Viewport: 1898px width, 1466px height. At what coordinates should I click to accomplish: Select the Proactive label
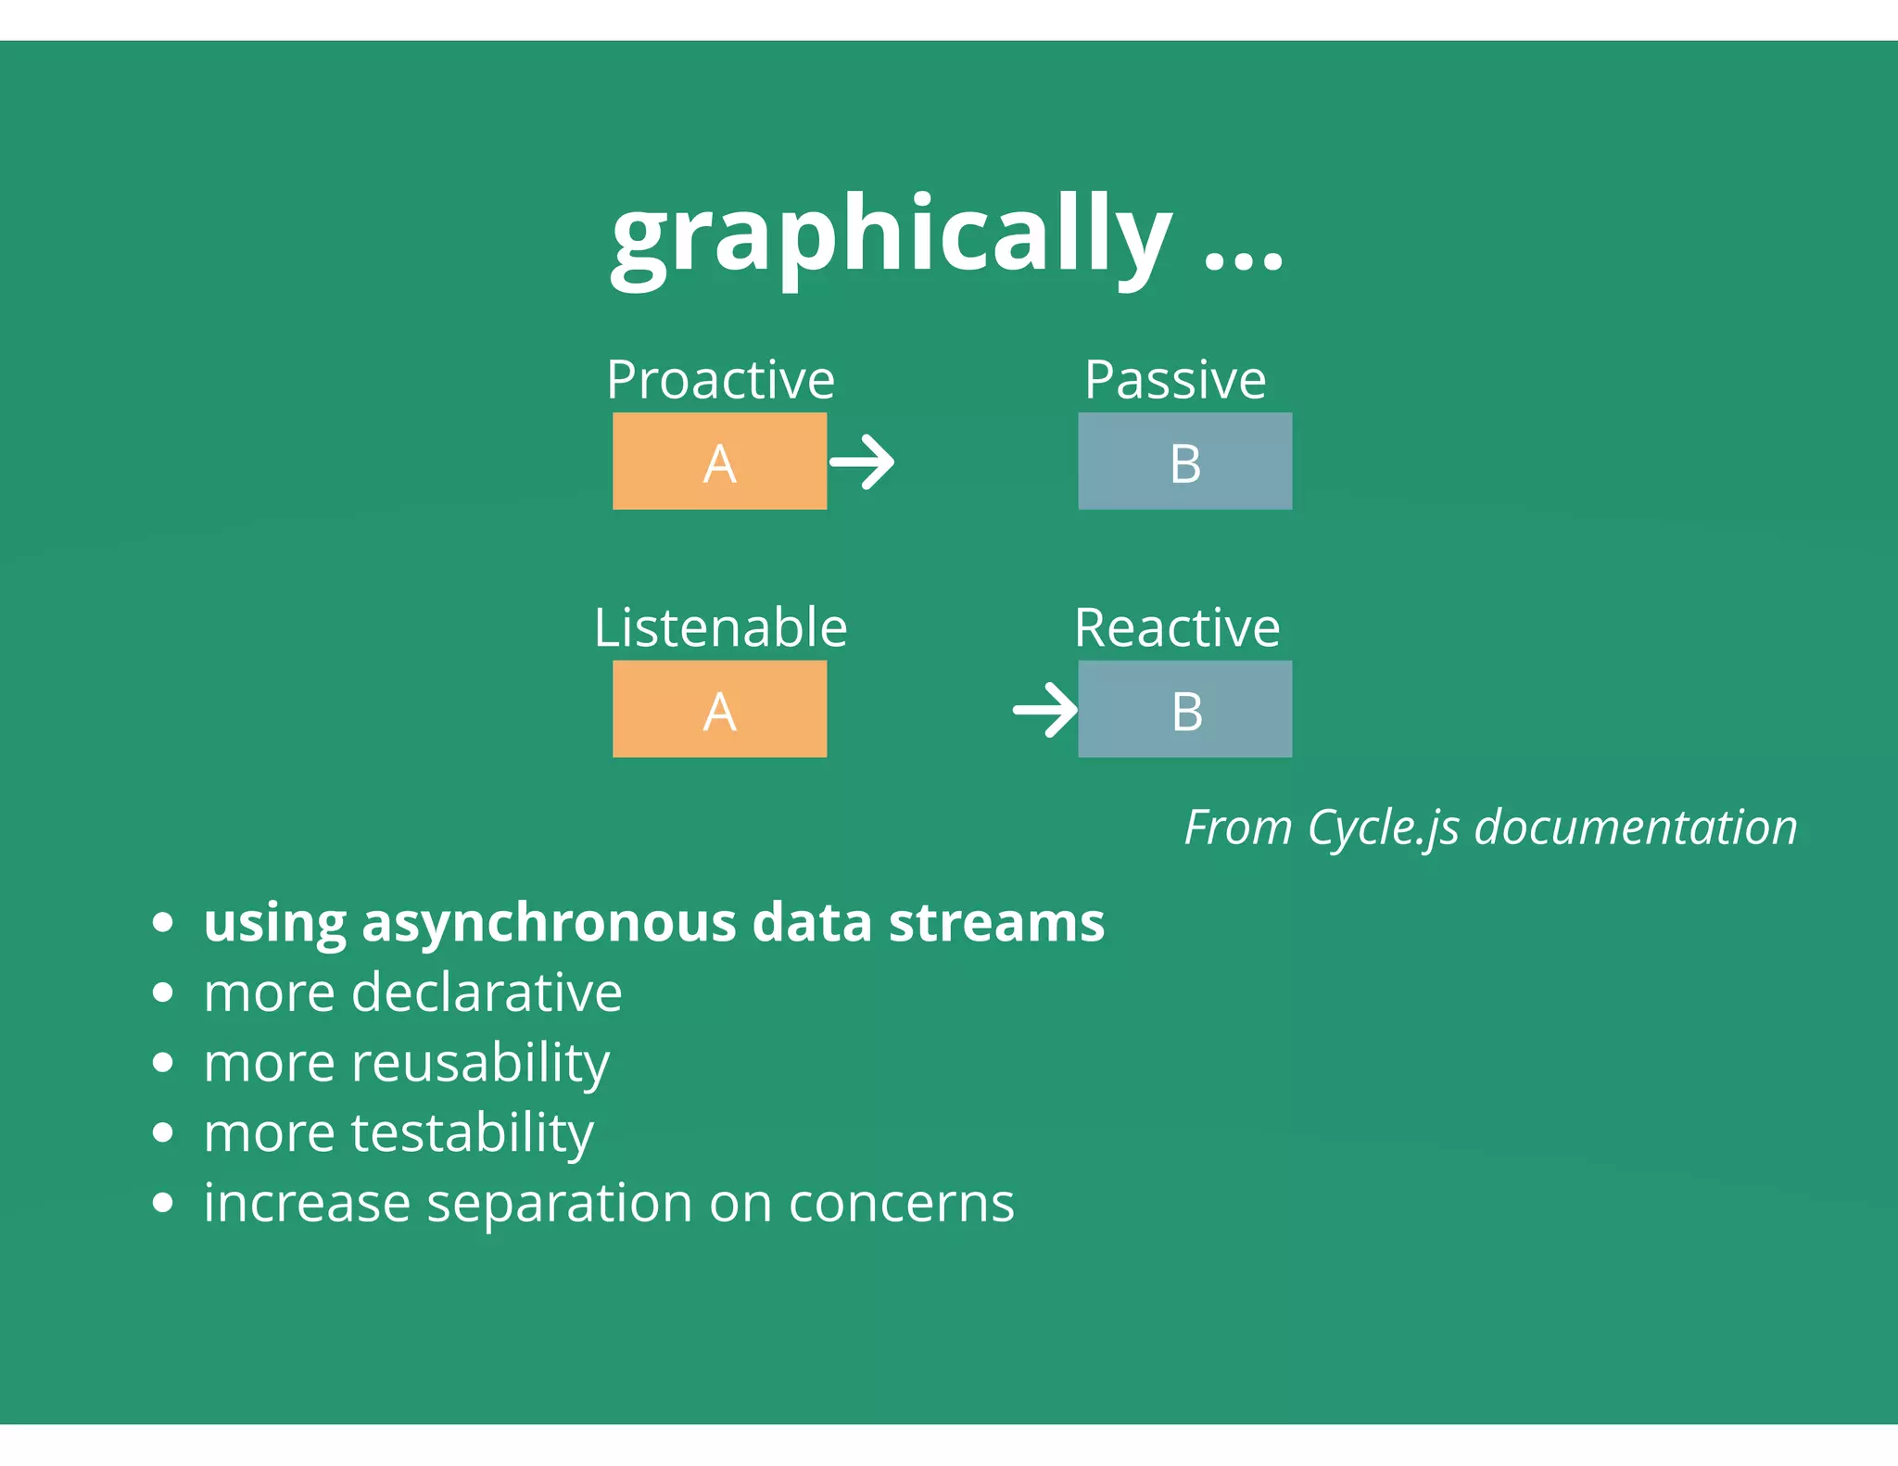(x=720, y=380)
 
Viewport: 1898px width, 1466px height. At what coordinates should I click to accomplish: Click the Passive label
(x=1175, y=380)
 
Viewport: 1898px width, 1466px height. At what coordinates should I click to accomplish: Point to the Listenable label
(x=720, y=628)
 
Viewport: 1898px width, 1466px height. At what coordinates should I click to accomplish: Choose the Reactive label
(x=1177, y=628)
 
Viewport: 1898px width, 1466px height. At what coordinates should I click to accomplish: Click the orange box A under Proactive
(x=719, y=461)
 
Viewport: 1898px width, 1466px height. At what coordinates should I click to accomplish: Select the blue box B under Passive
(x=1184, y=461)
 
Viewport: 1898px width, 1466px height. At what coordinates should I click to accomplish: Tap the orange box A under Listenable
(x=719, y=709)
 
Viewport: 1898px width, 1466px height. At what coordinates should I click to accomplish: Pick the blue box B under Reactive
(x=1184, y=709)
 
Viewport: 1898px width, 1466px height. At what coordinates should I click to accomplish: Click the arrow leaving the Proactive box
(x=862, y=461)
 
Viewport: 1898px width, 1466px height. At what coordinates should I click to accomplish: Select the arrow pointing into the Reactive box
(x=1045, y=710)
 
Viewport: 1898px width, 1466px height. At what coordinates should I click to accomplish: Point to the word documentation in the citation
(x=1635, y=828)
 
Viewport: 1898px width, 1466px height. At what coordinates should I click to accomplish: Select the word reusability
(x=480, y=1063)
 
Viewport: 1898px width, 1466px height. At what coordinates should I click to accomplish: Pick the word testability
(x=472, y=1133)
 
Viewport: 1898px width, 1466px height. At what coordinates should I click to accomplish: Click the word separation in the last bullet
(x=559, y=1204)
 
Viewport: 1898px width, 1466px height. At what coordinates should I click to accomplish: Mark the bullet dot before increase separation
(x=163, y=1203)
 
